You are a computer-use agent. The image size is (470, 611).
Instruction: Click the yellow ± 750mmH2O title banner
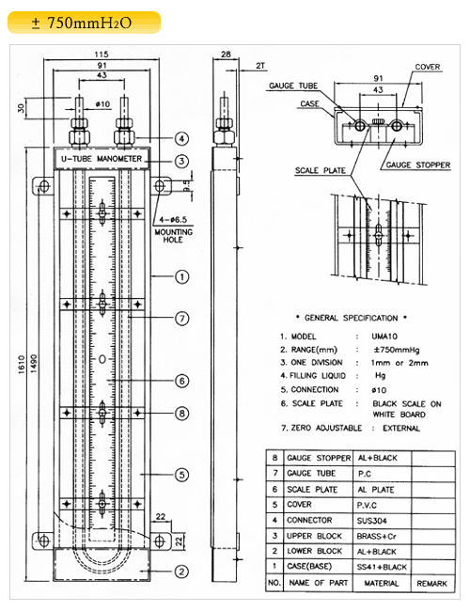pyautogui.click(x=85, y=23)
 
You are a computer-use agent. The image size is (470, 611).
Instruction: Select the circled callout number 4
pyautogui.click(x=181, y=138)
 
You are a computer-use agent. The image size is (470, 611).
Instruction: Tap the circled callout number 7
pyautogui.click(x=182, y=319)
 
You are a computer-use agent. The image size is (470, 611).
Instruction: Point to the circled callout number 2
pyautogui.click(x=181, y=572)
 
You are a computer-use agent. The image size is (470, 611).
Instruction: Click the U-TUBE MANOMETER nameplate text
pyautogui.click(x=102, y=159)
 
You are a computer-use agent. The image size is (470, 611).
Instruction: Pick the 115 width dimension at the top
pyautogui.click(x=102, y=55)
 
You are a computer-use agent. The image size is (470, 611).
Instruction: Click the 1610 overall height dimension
pyautogui.click(x=22, y=365)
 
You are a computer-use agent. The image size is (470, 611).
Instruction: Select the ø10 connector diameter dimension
pyautogui.click(x=102, y=104)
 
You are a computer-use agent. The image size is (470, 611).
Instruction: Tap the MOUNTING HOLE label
pyautogui.click(x=173, y=236)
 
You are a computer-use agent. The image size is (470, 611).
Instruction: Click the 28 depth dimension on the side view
pyautogui.click(x=226, y=55)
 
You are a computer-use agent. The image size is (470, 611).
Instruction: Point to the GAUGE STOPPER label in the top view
pyautogui.click(x=417, y=164)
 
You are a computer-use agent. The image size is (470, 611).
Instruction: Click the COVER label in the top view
pyautogui.click(x=427, y=67)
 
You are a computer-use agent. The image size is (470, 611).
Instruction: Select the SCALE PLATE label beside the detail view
pyautogui.click(x=320, y=170)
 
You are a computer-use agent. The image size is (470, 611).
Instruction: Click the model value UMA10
pyautogui.click(x=384, y=337)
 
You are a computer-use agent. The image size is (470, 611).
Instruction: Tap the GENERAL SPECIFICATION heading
pyautogui.click(x=352, y=318)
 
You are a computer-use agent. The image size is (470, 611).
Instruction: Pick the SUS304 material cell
pyautogui.click(x=372, y=521)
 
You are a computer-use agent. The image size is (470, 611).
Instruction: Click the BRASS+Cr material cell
pyautogui.click(x=376, y=536)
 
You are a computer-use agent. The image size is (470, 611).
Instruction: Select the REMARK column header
pyautogui.click(x=431, y=584)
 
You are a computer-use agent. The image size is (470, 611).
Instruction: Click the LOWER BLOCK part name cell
pyautogui.click(x=314, y=551)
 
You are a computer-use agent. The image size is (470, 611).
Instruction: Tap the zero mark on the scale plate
pyautogui.click(x=102, y=359)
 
